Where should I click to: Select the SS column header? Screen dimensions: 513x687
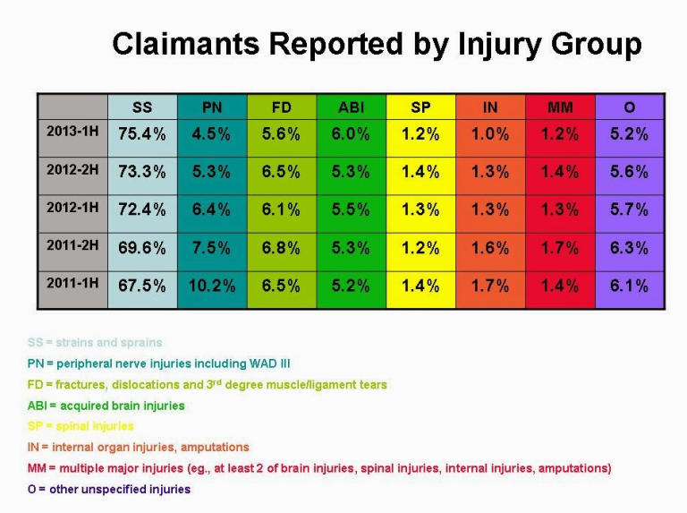pyautogui.click(x=142, y=107)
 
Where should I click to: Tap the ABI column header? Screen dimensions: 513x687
pyautogui.click(x=351, y=107)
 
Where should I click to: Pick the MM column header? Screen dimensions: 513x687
pyautogui.click(x=560, y=107)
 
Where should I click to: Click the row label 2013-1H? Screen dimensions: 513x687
pyautogui.click(x=72, y=132)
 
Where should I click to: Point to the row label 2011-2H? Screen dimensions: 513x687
pyautogui.click(x=72, y=245)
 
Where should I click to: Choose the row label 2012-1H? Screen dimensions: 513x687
pyautogui.click(x=72, y=208)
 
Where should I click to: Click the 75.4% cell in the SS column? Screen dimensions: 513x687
pyautogui.click(x=142, y=134)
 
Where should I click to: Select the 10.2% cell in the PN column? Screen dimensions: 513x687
pyautogui.click(x=212, y=286)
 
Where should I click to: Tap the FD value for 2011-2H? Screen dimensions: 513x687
pyautogui.click(x=281, y=248)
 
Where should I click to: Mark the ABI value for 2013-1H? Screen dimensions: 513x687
pyautogui.click(x=351, y=134)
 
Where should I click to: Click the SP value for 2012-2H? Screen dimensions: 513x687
pyautogui.click(x=420, y=172)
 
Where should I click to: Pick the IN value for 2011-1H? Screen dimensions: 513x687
pyautogui.click(x=490, y=286)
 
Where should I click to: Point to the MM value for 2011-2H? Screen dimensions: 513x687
pyautogui.click(x=560, y=248)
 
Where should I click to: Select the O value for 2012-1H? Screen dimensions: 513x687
pyautogui.click(x=629, y=210)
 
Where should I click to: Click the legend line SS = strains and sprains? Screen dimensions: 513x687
pyautogui.click(x=95, y=342)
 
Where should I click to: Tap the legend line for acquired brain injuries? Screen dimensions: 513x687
pyautogui.click(x=106, y=406)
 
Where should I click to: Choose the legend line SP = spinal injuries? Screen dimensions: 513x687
pyautogui.click(x=81, y=426)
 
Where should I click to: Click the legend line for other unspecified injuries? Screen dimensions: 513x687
pyautogui.click(x=108, y=490)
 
